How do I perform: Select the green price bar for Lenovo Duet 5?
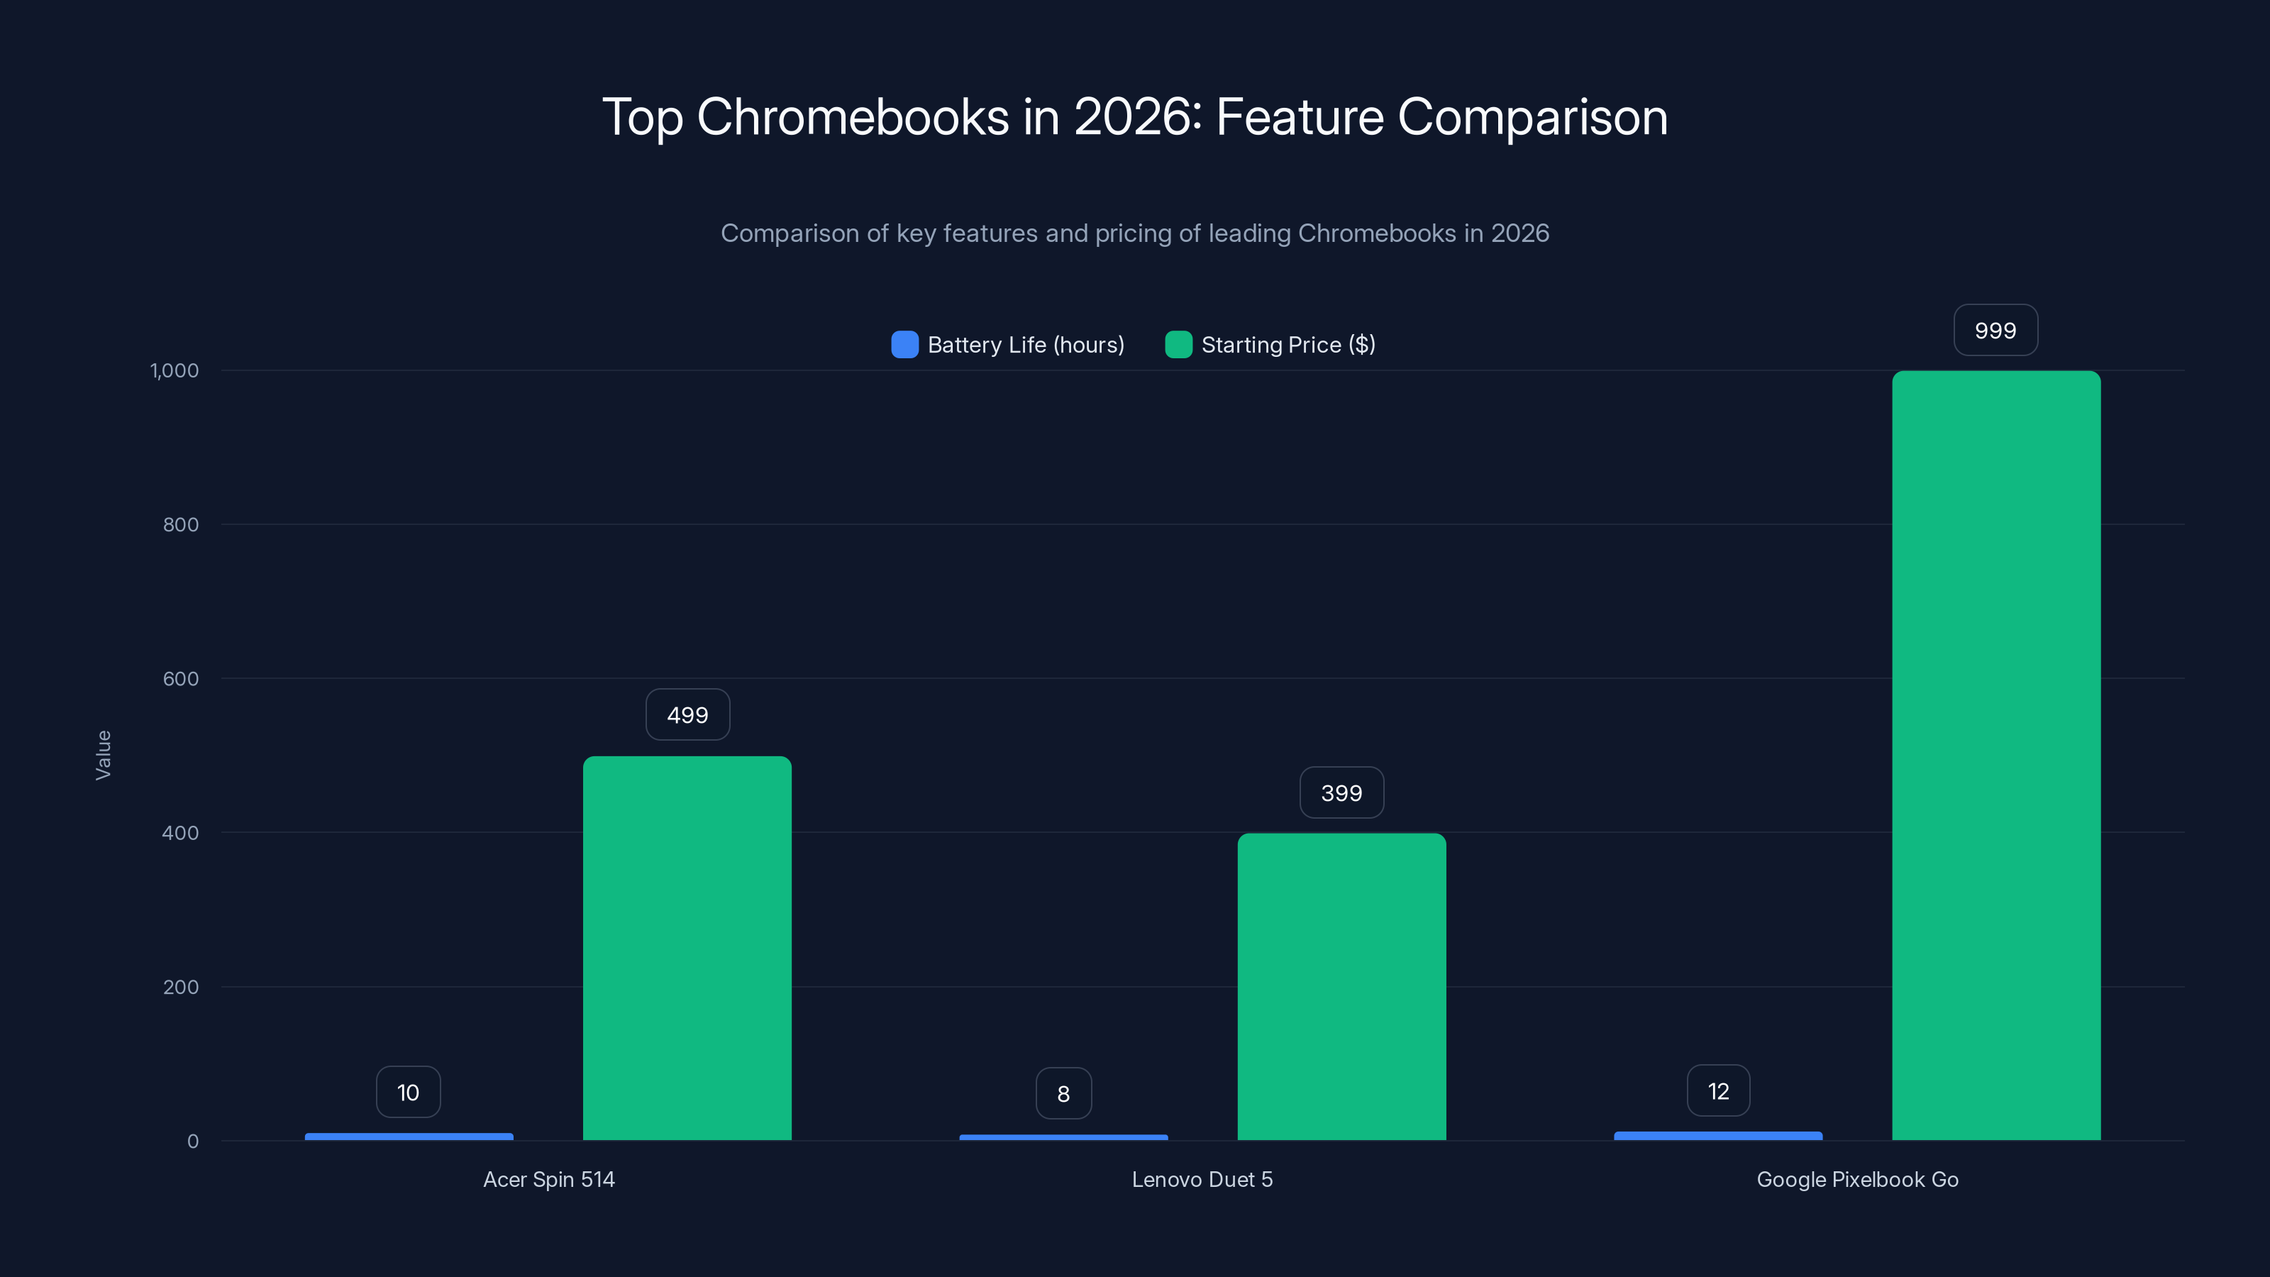[x=1341, y=986]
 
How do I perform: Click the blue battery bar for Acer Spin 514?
[x=409, y=1137]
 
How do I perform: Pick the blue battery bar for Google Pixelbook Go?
[x=1717, y=1136]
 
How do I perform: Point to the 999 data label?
[x=1995, y=331]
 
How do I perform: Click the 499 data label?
[x=687, y=714]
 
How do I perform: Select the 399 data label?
[x=1341, y=793]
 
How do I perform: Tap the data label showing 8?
[x=1063, y=1094]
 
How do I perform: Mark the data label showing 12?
[x=1717, y=1091]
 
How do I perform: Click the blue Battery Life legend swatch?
[x=904, y=345]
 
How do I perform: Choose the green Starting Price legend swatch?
[x=1178, y=345]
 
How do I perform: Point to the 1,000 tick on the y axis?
[x=175, y=371]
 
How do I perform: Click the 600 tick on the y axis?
[x=181, y=679]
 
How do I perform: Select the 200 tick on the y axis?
[x=181, y=987]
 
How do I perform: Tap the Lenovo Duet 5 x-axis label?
[x=1202, y=1179]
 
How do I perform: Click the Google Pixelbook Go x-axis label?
[x=1856, y=1179]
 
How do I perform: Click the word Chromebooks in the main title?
[x=852, y=117]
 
